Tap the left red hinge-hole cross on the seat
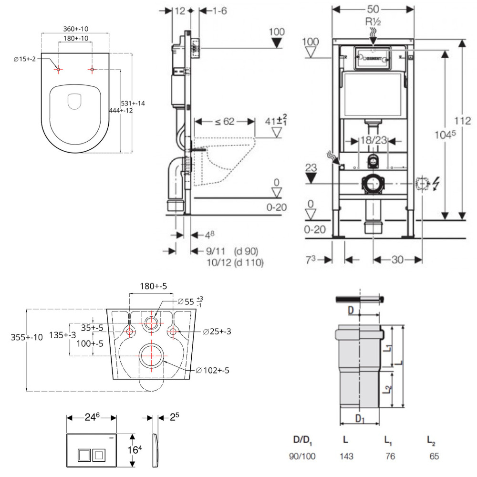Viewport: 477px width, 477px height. (x=58, y=70)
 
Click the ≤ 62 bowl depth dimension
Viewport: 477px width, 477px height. (x=224, y=122)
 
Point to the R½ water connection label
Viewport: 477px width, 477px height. (x=373, y=22)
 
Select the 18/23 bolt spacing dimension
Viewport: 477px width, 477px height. (x=373, y=141)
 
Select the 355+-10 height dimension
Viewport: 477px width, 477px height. (x=27, y=337)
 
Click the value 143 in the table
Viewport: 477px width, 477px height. (x=346, y=456)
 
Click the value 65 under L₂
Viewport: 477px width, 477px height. (x=434, y=456)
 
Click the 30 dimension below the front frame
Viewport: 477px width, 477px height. (x=397, y=259)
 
